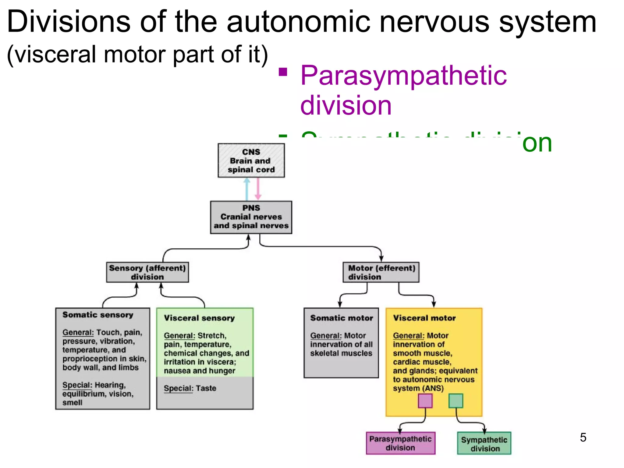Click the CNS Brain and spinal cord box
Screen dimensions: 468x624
tap(251, 161)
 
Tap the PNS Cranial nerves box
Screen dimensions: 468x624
tap(251, 217)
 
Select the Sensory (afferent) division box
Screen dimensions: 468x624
tap(147, 272)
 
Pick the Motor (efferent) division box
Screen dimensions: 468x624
tap(381, 272)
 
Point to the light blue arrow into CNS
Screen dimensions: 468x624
tap(247, 189)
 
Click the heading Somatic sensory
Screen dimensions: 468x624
tap(98, 315)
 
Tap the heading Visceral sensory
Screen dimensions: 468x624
tap(199, 318)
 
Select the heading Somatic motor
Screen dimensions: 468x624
tap(342, 318)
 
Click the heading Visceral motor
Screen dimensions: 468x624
tap(424, 318)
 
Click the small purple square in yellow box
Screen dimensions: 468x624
tap(425, 401)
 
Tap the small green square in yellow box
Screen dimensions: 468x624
tap(456, 401)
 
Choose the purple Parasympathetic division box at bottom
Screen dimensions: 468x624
tap(400, 443)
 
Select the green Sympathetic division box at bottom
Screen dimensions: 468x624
tap(484, 444)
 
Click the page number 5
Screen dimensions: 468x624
tap(583, 437)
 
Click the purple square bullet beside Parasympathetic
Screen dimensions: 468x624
tap(283, 72)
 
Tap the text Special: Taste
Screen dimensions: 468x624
tap(190, 388)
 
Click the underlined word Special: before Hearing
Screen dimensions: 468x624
tap(77, 385)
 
